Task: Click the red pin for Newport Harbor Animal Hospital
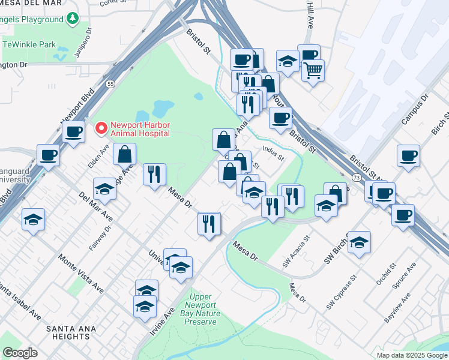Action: (101, 128)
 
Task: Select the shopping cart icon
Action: (313, 71)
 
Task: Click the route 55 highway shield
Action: (110, 84)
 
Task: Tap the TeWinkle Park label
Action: (29, 44)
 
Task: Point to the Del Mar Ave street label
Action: (95, 206)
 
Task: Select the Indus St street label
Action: (273, 155)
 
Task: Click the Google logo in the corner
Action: (20, 353)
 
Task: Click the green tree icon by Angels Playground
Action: (73, 19)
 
